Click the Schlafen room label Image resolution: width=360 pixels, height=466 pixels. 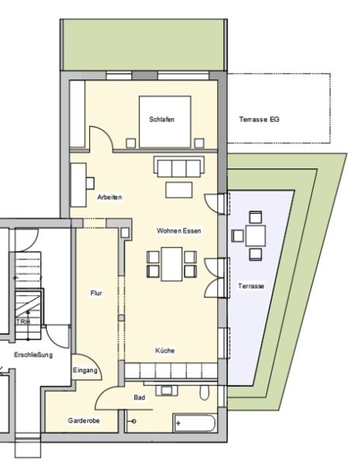point(161,120)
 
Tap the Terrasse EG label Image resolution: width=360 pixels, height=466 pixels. point(259,120)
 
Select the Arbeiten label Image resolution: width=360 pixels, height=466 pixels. point(109,197)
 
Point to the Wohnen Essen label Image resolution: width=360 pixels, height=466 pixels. point(178,231)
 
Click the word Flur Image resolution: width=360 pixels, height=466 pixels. point(96,294)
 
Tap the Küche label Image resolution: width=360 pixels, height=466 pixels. point(164,351)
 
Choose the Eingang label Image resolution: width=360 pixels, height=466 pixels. point(85,370)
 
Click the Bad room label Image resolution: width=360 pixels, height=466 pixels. point(140,398)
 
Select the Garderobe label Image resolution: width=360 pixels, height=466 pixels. point(84,420)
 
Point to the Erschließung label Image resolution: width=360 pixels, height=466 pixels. point(33,355)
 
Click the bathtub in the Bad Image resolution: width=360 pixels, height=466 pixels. point(195,423)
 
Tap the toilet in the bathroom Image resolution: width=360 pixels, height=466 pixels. point(204,392)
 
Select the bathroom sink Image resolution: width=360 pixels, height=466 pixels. point(167,390)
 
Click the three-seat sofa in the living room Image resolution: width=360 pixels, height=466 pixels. point(179,167)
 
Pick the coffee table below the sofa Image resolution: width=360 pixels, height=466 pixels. point(178,190)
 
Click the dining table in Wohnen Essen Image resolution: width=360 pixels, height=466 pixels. point(171,264)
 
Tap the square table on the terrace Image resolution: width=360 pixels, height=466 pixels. point(255,235)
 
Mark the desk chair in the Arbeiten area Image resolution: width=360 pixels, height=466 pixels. point(90,183)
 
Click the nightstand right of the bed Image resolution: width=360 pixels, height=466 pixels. point(199,143)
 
